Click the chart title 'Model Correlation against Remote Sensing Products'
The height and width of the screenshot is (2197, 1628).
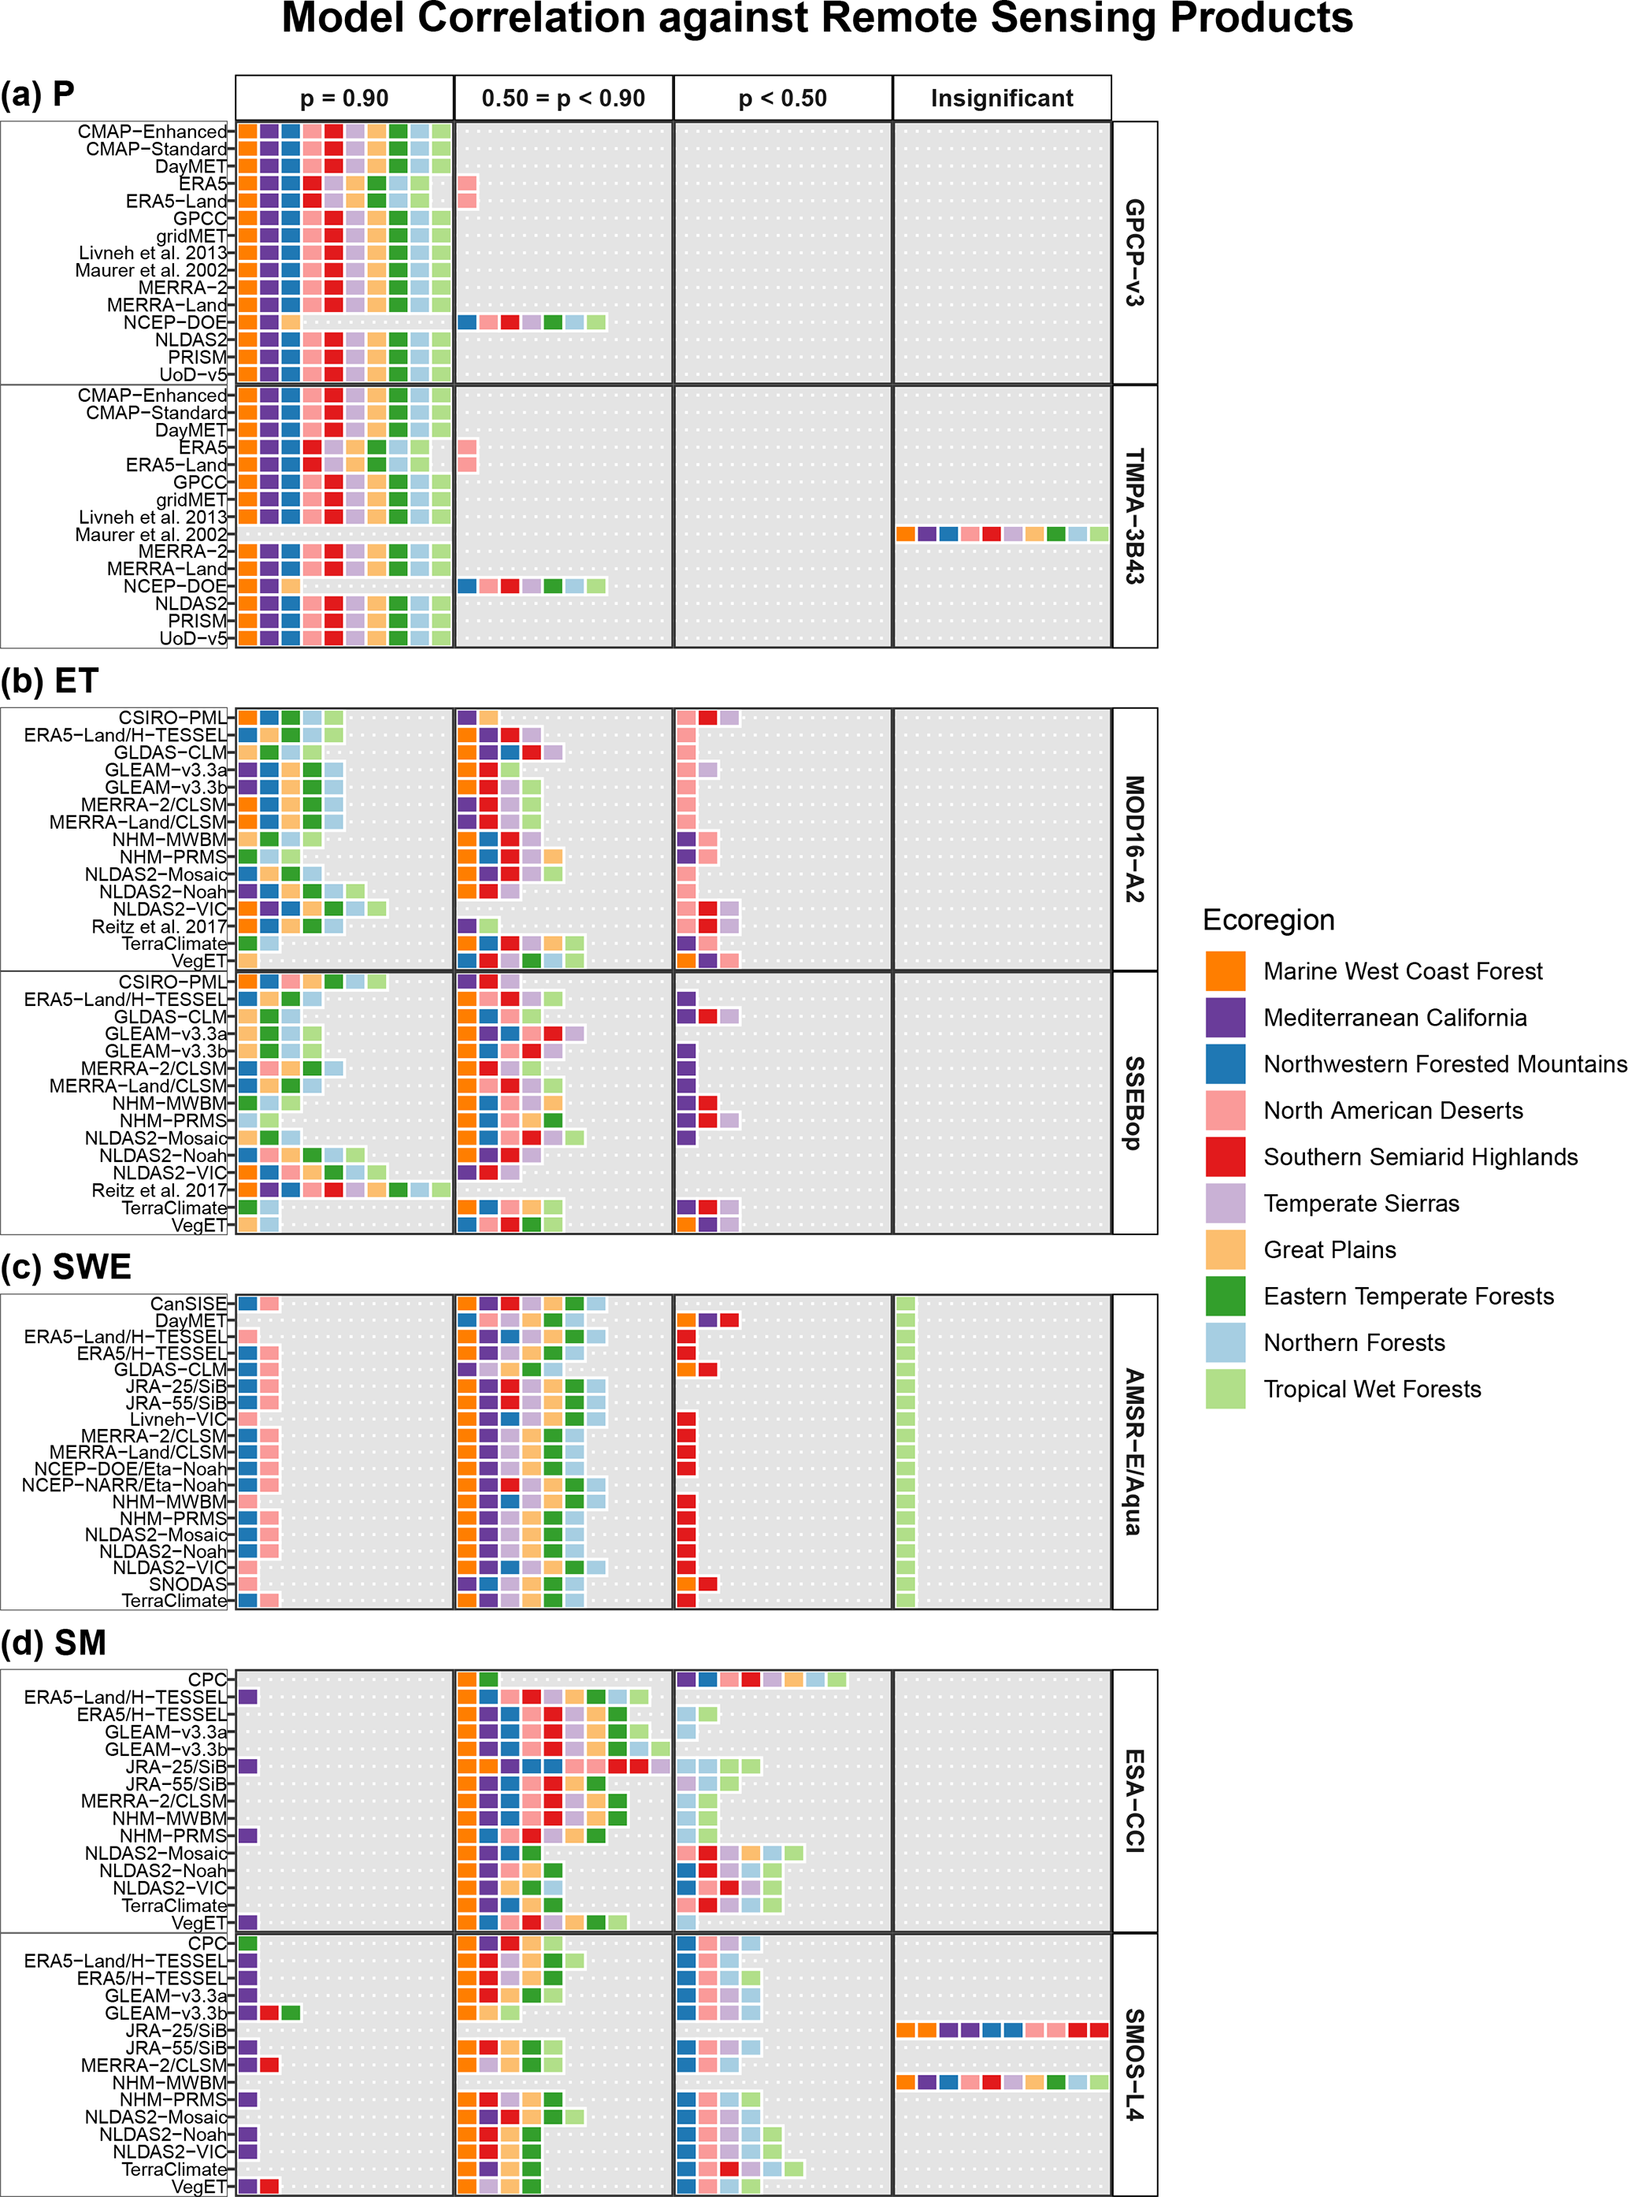(x=817, y=19)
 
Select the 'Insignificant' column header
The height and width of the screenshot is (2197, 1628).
(x=1001, y=98)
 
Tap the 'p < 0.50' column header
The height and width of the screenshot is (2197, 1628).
(x=782, y=98)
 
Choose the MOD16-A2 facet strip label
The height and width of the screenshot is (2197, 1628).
(x=1134, y=839)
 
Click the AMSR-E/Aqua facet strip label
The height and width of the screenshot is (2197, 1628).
(x=1134, y=1451)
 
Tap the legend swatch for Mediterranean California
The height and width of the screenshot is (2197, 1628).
(x=1225, y=1017)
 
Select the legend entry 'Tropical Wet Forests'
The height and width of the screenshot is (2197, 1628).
(x=1372, y=1389)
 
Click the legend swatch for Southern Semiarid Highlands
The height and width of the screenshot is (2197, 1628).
(x=1225, y=1156)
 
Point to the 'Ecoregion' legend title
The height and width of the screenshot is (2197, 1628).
(x=1268, y=919)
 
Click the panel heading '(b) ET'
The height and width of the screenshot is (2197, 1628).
(x=50, y=681)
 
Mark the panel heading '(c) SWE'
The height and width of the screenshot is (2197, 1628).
(x=66, y=1267)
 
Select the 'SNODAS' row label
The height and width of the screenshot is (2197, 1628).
(x=187, y=1584)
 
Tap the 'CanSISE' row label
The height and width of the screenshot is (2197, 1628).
(x=188, y=1303)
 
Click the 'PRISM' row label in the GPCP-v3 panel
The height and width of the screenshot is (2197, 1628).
(x=196, y=357)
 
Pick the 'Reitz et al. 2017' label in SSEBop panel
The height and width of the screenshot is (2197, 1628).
(x=158, y=1190)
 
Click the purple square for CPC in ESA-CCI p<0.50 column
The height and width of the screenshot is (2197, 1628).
(x=686, y=1679)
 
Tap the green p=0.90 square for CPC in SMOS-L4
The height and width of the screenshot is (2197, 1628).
(x=247, y=1943)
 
